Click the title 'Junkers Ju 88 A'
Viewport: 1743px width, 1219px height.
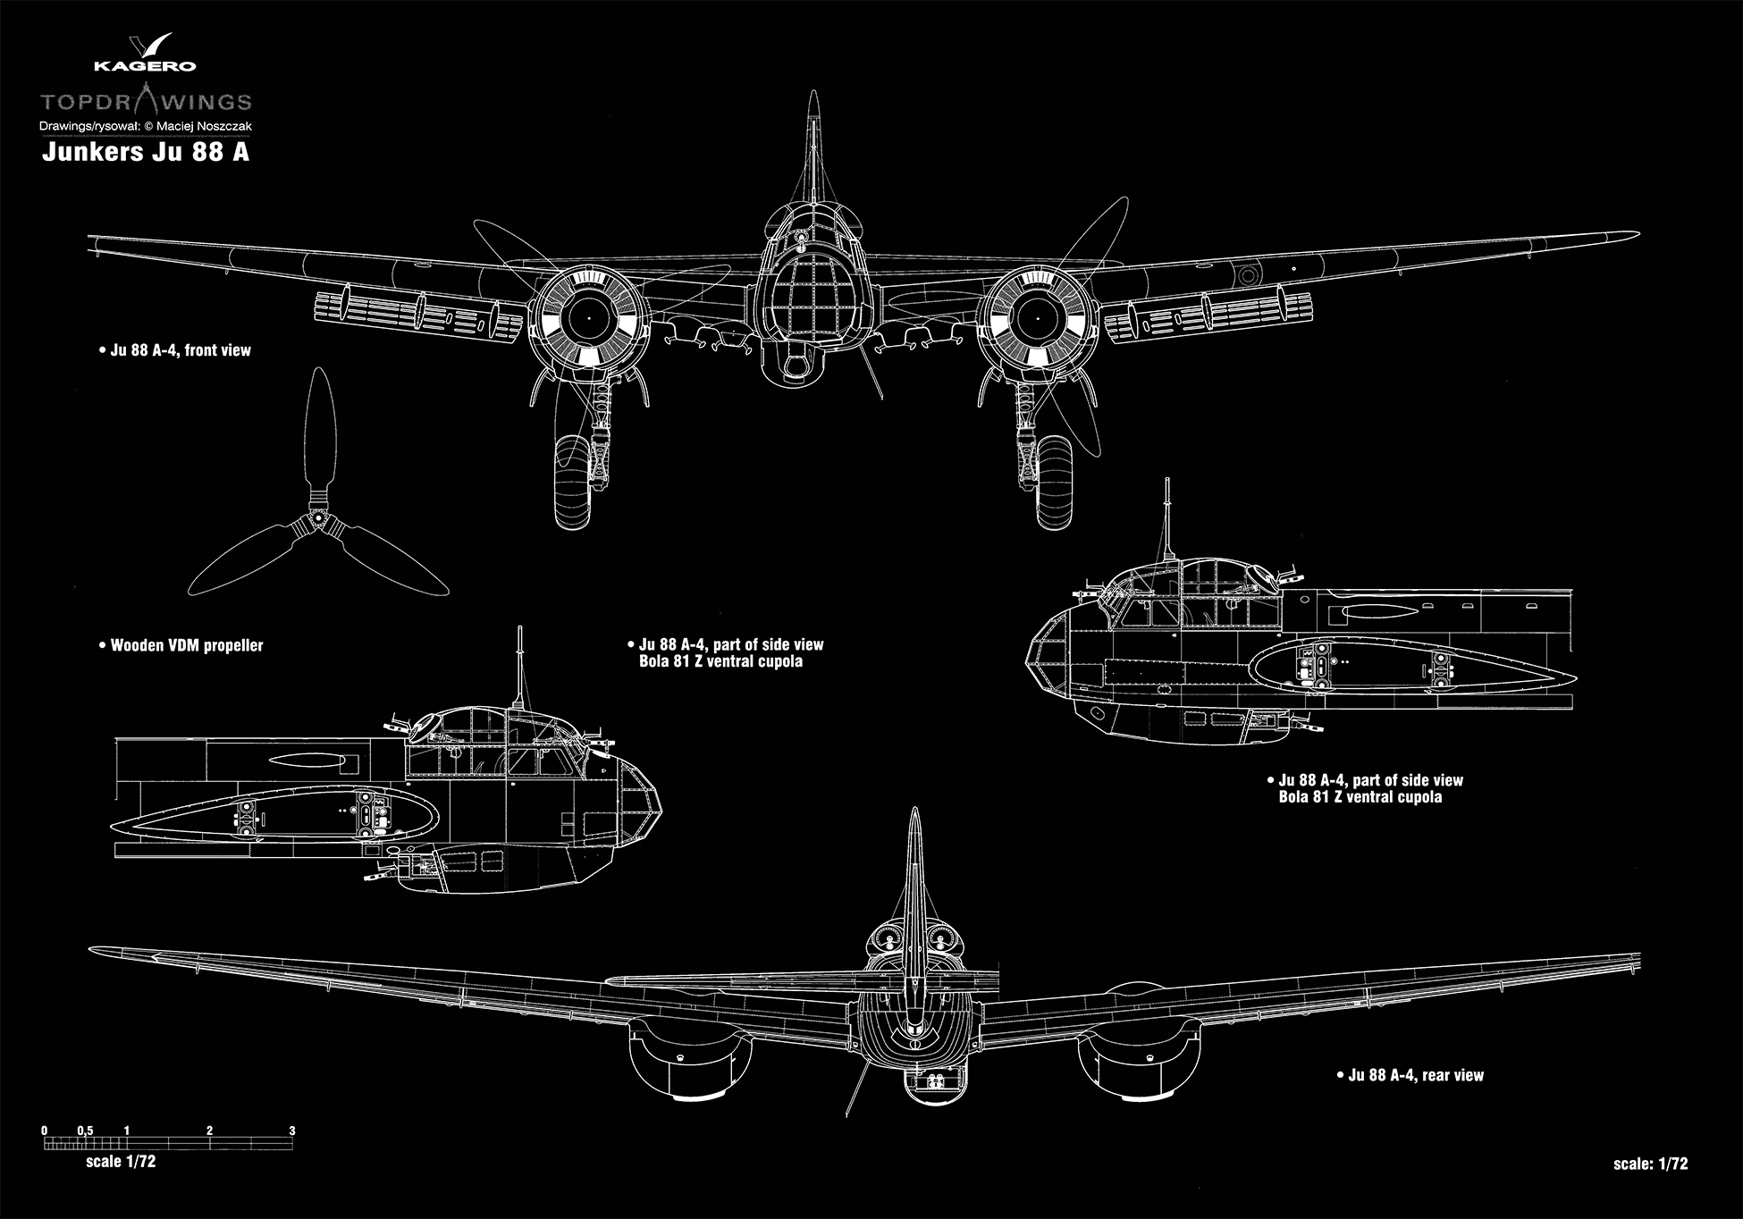(146, 152)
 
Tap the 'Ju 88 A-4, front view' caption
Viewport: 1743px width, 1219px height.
(180, 350)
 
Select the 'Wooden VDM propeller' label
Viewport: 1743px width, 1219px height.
(186, 645)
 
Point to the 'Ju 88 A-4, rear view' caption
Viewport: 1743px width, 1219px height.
(1415, 1075)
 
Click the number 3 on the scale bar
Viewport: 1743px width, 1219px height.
(292, 1131)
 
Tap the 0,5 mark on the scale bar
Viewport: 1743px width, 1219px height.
(85, 1131)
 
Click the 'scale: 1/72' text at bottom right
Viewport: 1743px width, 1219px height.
(1650, 1164)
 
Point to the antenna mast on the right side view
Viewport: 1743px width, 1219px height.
(1166, 518)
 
